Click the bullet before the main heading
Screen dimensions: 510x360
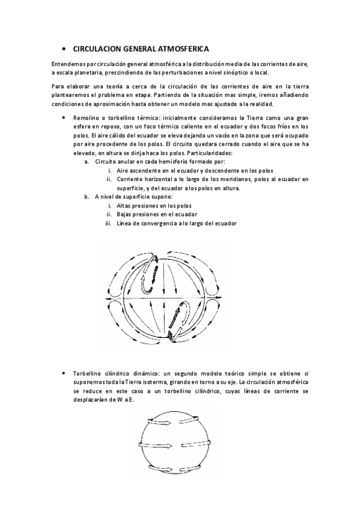coord(64,48)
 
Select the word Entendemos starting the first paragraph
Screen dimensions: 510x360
coord(66,63)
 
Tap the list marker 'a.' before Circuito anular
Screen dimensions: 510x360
coord(87,162)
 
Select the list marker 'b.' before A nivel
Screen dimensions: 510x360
coord(87,197)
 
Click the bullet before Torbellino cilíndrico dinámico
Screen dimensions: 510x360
coord(64,373)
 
